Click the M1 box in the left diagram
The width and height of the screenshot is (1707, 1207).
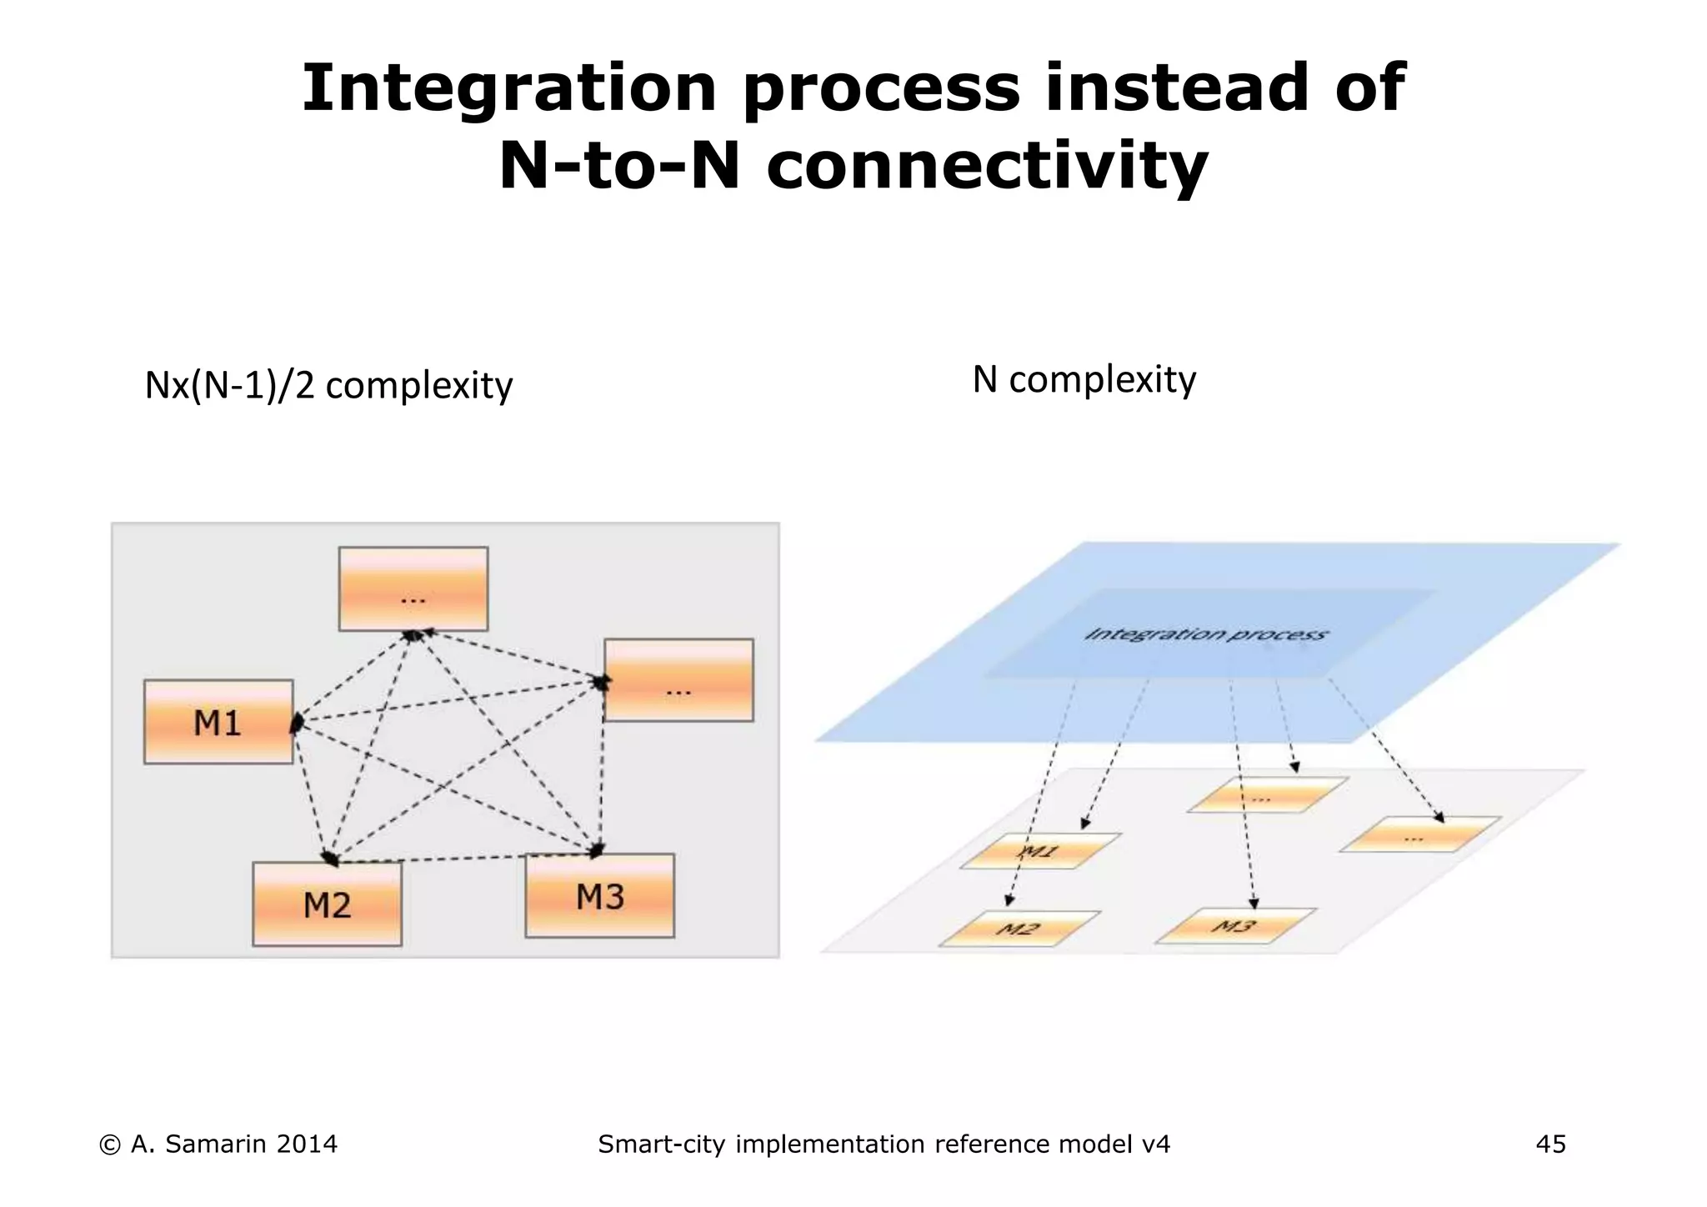(x=218, y=722)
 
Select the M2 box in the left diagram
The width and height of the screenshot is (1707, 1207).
(x=327, y=904)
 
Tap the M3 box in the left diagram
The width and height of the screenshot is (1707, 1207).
(x=599, y=896)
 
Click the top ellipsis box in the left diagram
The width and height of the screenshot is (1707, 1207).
(x=413, y=588)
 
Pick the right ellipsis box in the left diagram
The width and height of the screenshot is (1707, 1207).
(x=678, y=680)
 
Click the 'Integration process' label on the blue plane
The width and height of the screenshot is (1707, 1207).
(x=1205, y=634)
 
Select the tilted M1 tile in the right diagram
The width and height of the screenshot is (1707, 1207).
(x=1040, y=851)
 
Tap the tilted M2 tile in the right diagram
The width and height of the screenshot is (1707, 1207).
(x=1019, y=929)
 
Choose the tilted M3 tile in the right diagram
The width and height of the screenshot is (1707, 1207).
(x=1235, y=926)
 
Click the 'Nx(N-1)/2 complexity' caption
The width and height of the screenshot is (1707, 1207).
(x=328, y=386)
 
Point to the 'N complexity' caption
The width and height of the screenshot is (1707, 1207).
(x=1084, y=380)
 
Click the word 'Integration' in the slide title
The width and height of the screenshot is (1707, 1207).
(x=508, y=88)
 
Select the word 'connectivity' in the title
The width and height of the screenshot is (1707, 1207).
(x=987, y=166)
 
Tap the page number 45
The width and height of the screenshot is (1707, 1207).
(x=1550, y=1144)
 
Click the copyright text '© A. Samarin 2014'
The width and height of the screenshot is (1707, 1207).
(x=218, y=1144)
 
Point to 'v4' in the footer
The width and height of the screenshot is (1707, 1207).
(x=1155, y=1144)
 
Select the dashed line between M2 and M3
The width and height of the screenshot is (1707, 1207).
(x=467, y=859)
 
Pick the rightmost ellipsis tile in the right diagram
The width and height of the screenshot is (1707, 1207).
(x=1419, y=834)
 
